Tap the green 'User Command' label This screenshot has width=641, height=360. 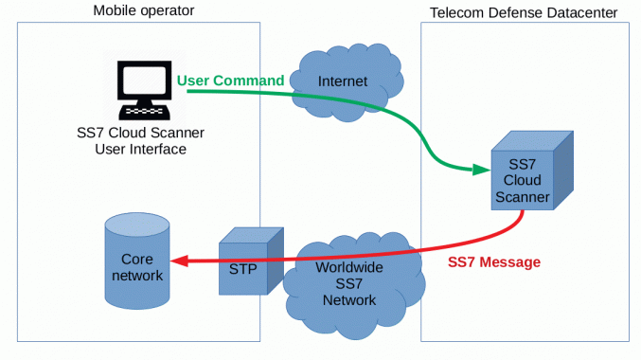pos(230,81)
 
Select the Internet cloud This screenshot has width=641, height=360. pos(342,81)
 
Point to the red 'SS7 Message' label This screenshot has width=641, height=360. pos(494,261)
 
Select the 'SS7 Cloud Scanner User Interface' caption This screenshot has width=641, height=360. pos(141,140)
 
